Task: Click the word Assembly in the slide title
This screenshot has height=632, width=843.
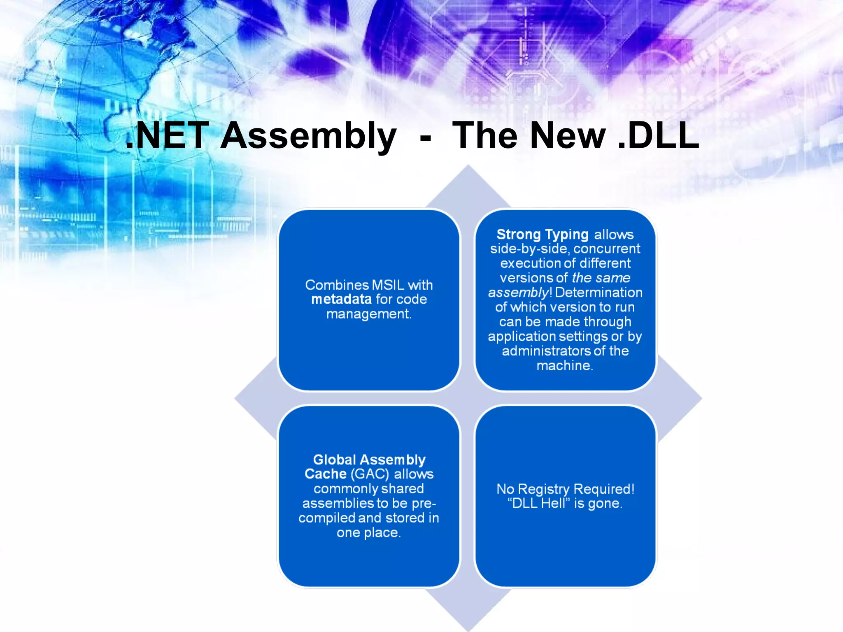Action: [x=308, y=136]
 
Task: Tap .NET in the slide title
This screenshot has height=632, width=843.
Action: [x=168, y=136]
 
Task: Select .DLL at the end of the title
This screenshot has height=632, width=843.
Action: [x=658, y=136]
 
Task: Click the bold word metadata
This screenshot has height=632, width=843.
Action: [x=341, y=299]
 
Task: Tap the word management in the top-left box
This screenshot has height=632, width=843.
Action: [x=368, y=314]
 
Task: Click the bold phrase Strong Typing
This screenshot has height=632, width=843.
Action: [x=542, y=235]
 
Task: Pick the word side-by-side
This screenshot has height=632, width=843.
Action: [x=530, y=249]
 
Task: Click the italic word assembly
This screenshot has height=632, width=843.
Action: [x=518, y=293]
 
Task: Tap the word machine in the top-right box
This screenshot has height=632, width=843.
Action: [x=564, y=365]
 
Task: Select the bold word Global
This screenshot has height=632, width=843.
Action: [x=334, y=460]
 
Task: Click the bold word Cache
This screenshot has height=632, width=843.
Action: [x=325, y=474]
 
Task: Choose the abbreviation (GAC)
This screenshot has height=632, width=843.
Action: [x=369, y=474]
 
